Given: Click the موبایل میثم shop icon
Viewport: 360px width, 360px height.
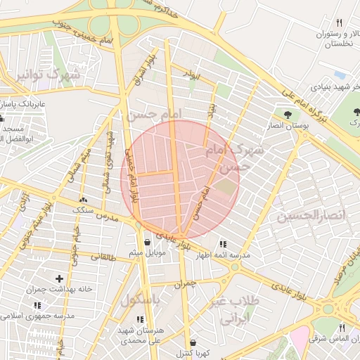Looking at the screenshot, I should [146, 242].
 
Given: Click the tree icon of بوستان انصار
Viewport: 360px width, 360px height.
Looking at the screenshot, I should [287, 114].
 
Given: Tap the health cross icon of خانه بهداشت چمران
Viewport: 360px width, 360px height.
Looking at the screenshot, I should [59, 279].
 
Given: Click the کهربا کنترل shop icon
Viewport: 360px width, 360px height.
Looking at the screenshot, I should [192, 343].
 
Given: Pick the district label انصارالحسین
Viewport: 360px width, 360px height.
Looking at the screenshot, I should [311, 215].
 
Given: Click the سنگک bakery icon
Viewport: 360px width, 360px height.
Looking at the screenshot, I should [84, 200].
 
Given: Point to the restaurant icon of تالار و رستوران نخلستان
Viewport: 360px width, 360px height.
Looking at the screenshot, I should [339, 23].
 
